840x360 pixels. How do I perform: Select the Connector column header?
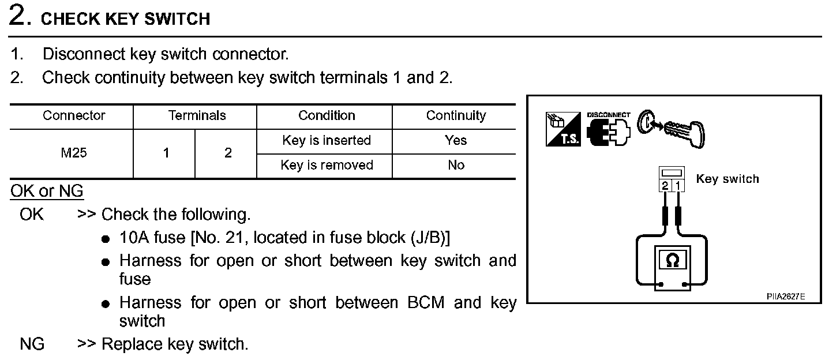point(74,115)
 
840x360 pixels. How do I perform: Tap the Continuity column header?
point(456,115)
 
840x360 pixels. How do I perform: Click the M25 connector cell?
point(74,153)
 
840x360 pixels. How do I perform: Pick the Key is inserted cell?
point(326,140)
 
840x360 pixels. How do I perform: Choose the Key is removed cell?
point(327,165)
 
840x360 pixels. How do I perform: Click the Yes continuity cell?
point(456,140)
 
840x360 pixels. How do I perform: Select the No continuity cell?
point(456,165)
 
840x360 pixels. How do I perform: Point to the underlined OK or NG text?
point(47,191)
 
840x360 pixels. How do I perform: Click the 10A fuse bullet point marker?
point(105,239)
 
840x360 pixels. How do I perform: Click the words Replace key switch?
point(175,344)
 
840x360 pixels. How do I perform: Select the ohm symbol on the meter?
point(672,261)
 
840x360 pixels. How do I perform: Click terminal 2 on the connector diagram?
point(665,186)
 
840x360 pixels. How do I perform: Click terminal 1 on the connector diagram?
point(678,186)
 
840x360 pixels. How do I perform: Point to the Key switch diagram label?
point(727,179)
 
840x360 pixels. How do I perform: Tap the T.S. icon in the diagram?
point(562,129)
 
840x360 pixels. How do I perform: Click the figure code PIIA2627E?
point(785,296)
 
